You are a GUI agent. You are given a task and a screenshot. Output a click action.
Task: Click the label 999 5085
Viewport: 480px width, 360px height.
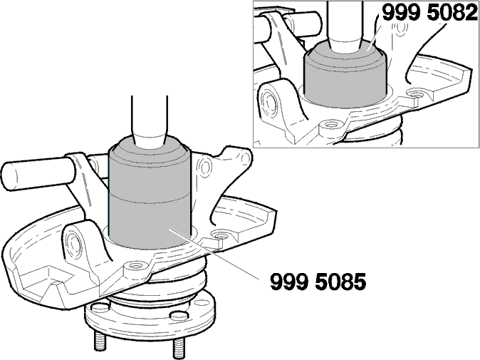pyautogui.click(x=318, y=282)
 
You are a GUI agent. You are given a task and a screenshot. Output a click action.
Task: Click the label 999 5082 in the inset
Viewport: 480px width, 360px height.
pyautogui.click(x=430, y=12)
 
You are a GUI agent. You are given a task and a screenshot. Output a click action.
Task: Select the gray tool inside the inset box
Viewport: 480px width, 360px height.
pyautogui.click(x=345, y=75)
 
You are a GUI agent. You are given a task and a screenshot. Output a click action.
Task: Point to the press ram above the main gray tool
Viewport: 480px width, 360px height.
pyautogui.click(x=150, y=120)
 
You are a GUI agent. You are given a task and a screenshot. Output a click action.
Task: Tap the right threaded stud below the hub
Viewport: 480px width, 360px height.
pyautogui.click(x=179, y=349)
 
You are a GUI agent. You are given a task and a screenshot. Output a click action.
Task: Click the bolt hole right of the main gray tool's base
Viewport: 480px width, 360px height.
pyautogui.click(x=220, y=236)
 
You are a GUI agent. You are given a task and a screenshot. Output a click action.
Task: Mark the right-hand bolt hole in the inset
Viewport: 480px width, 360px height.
pyautogui.click(x=416, y=93)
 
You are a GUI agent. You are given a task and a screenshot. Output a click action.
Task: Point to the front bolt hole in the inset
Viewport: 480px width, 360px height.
pyautogui.click(x=330, y=124)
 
